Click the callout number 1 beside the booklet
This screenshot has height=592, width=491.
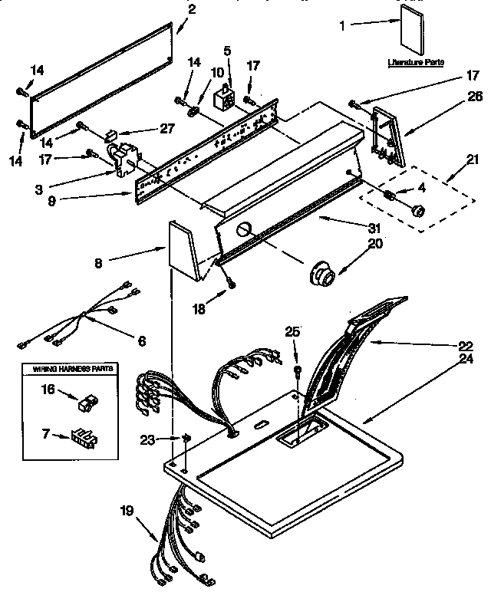pos(343,25)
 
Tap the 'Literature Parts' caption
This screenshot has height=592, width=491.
pos(415,62)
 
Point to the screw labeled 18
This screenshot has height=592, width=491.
pos(230,285)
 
